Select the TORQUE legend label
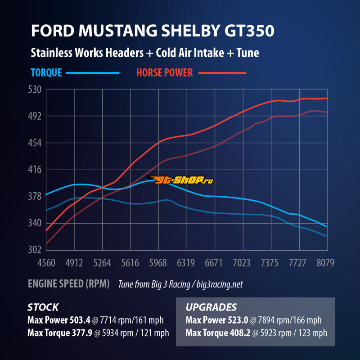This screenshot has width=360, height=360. (x=46, y=72)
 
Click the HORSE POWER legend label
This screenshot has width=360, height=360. (x=164, y=72)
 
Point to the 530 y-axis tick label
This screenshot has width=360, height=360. (x=35, y=90)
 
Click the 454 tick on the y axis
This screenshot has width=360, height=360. (x=35, y=143)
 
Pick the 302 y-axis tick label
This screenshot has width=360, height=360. (x=35, y=250)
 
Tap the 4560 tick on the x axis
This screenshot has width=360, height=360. (x=46, y=263)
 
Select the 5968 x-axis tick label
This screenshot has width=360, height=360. (x=158, y=263)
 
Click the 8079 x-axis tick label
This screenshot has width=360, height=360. (x=325, y=263)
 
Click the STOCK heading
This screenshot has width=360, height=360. (x=43, y=308)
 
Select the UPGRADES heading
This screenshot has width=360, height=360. (x=211, y=308)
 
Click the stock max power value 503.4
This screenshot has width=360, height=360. (x=80, y=321)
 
